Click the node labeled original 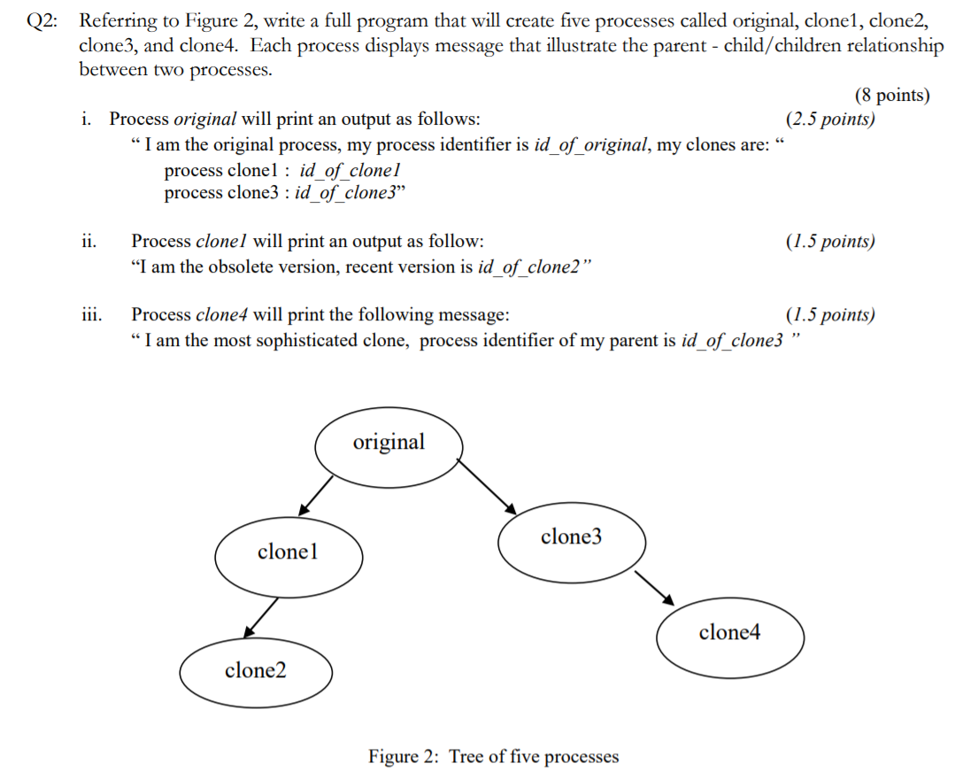tap(388, 442)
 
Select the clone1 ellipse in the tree tap(289, 552)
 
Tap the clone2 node tap(256, 671)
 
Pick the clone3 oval tap(571, 537)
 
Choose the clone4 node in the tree tap(729, 633)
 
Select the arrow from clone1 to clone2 tap(262, 616)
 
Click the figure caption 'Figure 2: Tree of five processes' tap(493, 756)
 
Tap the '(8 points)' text tap(891, 96)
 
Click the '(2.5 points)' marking tap(829, 119)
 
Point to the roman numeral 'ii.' tap(88, 241)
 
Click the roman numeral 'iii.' tap(89, 314)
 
